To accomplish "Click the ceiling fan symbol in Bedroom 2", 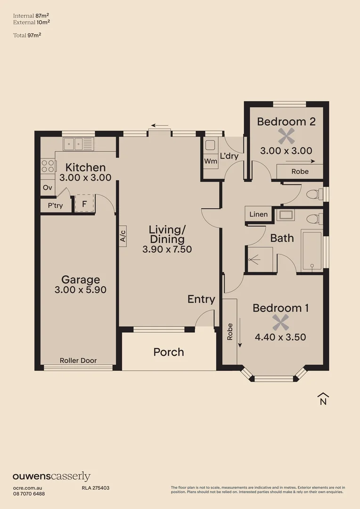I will [x=286, y=137].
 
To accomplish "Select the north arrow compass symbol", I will [x=323, y=398].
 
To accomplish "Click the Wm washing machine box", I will [x=211, y=161].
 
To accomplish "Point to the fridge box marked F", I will [x=85, y=204].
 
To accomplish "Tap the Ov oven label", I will [x=47, y=187].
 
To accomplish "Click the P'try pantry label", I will [x=55, y=205].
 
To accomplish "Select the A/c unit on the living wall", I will [x=123, y=235].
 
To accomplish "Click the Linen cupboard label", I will [x=258, y=214].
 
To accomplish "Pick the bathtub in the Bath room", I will [x=312, y=250].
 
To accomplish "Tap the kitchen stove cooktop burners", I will [x=48, y=166].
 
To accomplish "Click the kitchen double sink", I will [x=79, y=143].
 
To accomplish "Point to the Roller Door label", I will [x=78, y=361].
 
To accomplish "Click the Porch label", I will [x=169, y=352].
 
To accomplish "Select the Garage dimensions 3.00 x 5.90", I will [x=81, y=290].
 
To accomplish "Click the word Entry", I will [x=201, y=299].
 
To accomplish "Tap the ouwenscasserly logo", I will [x=51, y=476].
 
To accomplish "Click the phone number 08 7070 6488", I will [x=29, y=493].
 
